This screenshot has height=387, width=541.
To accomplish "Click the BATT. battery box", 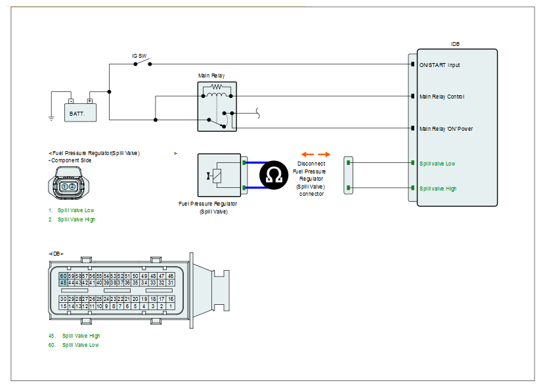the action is [80, 112].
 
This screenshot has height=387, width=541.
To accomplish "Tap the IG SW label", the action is [139, 56].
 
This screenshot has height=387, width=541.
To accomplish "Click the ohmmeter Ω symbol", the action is [274, 175].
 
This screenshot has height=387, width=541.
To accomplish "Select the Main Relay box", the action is [217, 106].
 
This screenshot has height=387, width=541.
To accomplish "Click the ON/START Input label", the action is [440, 65].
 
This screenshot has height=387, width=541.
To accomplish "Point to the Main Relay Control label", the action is [442, 97].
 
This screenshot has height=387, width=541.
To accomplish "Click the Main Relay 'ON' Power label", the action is [446, 129].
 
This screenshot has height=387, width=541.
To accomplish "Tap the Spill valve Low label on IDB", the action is [437, 164].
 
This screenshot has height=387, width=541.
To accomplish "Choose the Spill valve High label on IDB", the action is [438, 189].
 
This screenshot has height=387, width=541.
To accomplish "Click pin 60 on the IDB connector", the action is [63, 276].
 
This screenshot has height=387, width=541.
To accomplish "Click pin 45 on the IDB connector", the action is [63, 283].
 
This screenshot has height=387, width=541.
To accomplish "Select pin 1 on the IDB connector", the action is [171, 306].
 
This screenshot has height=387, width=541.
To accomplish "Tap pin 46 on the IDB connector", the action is [171, 276].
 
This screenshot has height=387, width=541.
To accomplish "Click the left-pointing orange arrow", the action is [307, 154].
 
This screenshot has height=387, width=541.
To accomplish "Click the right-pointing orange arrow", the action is [324, 154].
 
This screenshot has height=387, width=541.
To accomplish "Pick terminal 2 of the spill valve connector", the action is [72, 187].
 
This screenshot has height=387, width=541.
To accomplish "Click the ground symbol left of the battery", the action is [51, 118].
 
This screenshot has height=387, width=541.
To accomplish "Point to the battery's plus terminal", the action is [90, 101].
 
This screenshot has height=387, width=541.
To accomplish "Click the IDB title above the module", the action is [455, 44].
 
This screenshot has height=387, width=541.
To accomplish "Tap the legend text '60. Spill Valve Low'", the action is [74, 345].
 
